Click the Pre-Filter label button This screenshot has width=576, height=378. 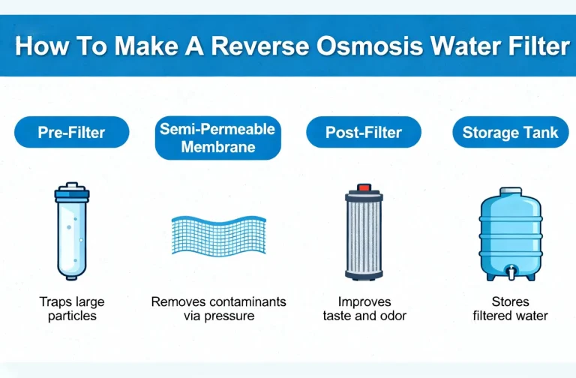click(71, 133)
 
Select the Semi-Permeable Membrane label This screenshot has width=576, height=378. click(218, 138)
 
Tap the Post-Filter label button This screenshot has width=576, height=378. click(364, 133)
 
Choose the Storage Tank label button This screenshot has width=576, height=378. click(510, 133)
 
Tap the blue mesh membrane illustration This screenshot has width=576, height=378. click(218, 235)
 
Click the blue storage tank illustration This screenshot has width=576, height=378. click(510, 232)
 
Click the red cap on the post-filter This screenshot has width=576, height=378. click(364, 187)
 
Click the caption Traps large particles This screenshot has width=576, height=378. click(72, 309)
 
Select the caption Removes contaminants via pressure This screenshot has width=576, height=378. click(218, 309)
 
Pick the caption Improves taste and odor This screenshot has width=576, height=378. click(364, 309)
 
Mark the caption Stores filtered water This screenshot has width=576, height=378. click(510, 309)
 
